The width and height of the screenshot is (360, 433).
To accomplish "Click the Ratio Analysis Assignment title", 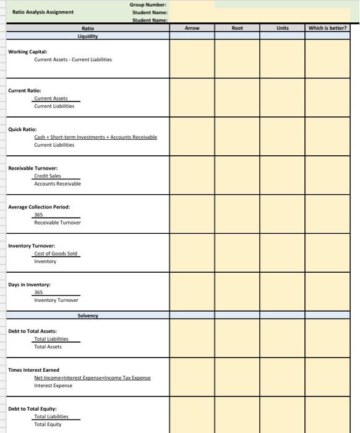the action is pos(43,12).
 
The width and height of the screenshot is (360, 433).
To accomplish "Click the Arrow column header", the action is pos(192,28).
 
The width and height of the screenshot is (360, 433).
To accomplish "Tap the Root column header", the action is pos(237,28).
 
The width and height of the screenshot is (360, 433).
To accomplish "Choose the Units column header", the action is pos(282,28).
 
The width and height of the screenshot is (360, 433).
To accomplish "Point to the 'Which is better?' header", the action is pos(327,28).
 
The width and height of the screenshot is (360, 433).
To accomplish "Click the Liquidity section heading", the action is pos(87,36).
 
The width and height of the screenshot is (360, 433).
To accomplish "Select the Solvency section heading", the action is pos(87,315).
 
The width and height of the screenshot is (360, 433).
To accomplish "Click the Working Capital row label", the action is pos(27,51).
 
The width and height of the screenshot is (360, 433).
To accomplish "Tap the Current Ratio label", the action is pos(25,90).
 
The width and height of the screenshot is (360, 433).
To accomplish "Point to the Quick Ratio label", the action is pos(22,129).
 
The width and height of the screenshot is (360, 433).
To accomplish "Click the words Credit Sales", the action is pos(47,176).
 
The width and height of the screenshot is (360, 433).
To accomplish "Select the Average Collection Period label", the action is pos(39,207).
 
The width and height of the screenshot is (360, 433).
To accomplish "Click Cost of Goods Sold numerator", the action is pos(56,254).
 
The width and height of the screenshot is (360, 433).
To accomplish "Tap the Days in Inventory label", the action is pos(29,285).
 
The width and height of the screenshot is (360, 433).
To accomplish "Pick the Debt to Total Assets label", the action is pos(32,331).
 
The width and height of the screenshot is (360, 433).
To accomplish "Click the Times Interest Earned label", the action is pos(33,370).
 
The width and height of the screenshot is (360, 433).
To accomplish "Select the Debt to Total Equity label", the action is pos(32,409).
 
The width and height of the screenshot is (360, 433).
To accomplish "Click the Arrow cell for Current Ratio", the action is pos(192,98).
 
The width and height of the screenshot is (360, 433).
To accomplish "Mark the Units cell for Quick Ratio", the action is pos(282,137).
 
